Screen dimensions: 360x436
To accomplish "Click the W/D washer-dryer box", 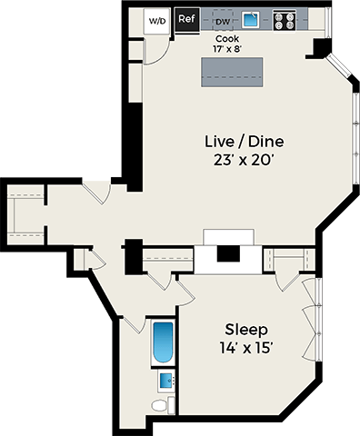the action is [156, 21].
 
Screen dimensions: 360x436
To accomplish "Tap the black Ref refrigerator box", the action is [187, 19].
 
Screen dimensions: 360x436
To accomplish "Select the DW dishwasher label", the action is [223, 22].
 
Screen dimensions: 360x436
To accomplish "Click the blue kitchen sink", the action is [251, 20].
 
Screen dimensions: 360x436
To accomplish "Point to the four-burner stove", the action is [285, 21].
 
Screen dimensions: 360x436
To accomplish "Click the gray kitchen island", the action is [232, 72].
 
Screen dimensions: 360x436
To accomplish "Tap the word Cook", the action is [227, 39].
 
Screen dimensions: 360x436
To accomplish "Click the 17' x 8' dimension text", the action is [227, 49].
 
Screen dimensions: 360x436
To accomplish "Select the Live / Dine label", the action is [245, 142].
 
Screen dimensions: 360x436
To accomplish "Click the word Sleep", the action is [246, 330].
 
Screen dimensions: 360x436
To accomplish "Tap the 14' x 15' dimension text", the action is [245, 348].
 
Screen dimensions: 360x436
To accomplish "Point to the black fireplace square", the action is [228, 253].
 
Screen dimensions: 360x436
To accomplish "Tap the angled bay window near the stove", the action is [338, 65].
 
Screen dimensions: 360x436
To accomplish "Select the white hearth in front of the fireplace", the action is [229, 237].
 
